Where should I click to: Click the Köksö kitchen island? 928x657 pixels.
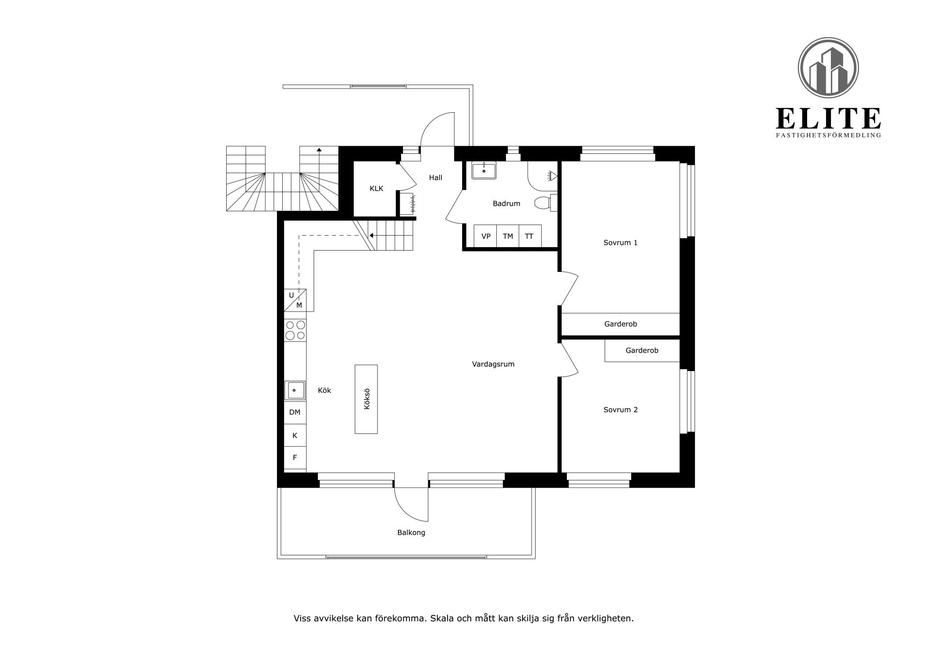[366, 399]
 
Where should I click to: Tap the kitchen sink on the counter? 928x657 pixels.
[296, 390]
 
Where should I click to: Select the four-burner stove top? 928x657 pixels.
[295, 330]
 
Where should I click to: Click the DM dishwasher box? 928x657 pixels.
[295, 413]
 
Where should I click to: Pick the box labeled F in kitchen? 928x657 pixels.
[295, 458]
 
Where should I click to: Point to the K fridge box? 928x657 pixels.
[295, 435]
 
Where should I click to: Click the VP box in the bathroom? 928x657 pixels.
[486, 237]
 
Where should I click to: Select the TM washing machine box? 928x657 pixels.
[507, 237]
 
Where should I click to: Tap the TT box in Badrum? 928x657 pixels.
[529, 237]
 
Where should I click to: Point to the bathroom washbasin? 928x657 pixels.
[484, 171]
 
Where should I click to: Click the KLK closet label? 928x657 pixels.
[376, 189]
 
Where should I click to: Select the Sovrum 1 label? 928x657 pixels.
[620, 243]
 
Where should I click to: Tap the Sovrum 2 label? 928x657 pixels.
[620, 410]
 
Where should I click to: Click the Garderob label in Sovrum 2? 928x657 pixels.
[642, 351]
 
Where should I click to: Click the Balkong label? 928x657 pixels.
[411, 533]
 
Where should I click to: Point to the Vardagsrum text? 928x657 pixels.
[493, 364]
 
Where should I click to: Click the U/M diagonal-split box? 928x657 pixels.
[295, 300]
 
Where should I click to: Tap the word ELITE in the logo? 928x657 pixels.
[828, 119]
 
